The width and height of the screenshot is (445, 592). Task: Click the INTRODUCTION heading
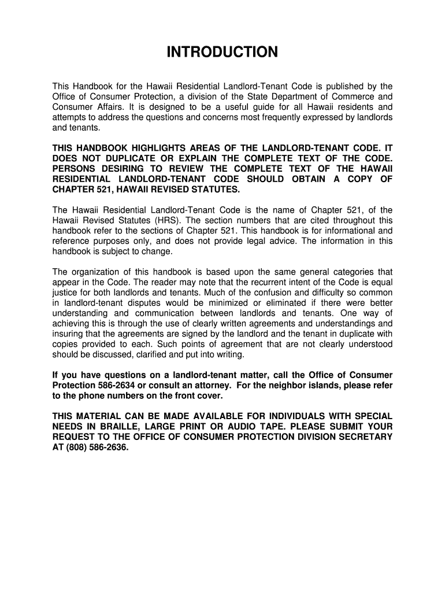pyautogui.click(x=222, y=53)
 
